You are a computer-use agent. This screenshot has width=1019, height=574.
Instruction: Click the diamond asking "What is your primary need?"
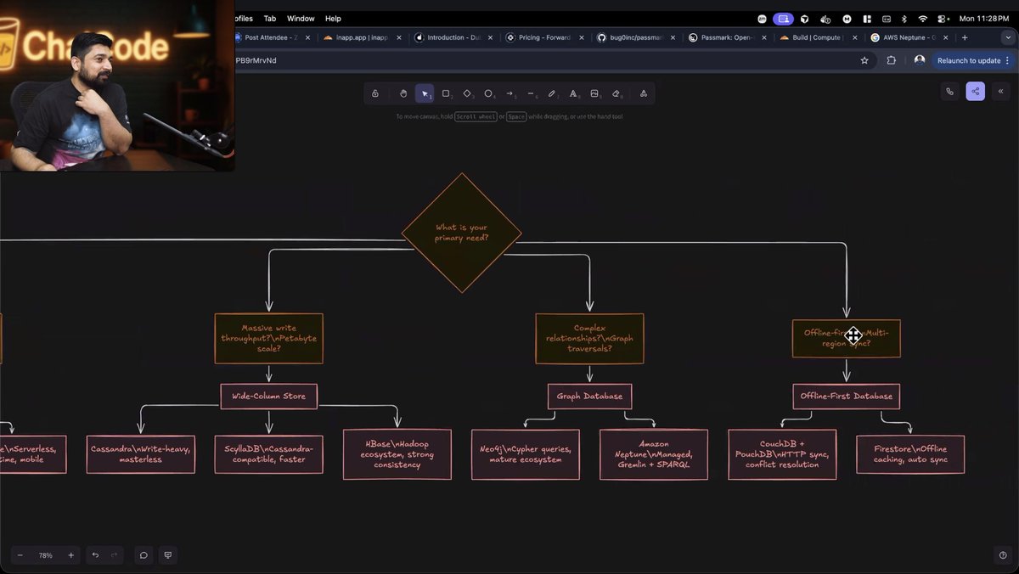461,233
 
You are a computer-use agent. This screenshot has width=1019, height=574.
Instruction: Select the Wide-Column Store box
268,396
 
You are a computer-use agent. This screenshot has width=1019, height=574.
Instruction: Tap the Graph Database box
589,396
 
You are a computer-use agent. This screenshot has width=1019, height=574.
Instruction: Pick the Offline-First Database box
846,396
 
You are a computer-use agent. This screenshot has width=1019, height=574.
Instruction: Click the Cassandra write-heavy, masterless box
141,454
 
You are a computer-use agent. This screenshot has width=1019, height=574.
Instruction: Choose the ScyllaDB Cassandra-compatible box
268,454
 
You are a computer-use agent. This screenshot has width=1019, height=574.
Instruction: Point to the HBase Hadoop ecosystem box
397,454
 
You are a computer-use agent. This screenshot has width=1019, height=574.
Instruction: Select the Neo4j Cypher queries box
525,454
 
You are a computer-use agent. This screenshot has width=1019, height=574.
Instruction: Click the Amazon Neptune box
653,454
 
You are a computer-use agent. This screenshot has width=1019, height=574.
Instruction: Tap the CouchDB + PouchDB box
781,454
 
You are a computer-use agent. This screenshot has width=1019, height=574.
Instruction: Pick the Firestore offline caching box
909,454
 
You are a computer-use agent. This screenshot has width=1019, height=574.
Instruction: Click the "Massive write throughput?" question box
268,338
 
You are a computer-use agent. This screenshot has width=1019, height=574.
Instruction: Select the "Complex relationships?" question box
589,338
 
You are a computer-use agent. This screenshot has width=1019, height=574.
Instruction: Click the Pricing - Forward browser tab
540,37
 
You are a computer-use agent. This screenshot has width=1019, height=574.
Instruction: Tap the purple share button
975,92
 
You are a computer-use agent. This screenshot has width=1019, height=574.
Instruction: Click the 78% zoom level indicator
46,555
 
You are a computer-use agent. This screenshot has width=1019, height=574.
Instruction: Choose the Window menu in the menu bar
301,18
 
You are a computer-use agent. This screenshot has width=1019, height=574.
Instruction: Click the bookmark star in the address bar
864,60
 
